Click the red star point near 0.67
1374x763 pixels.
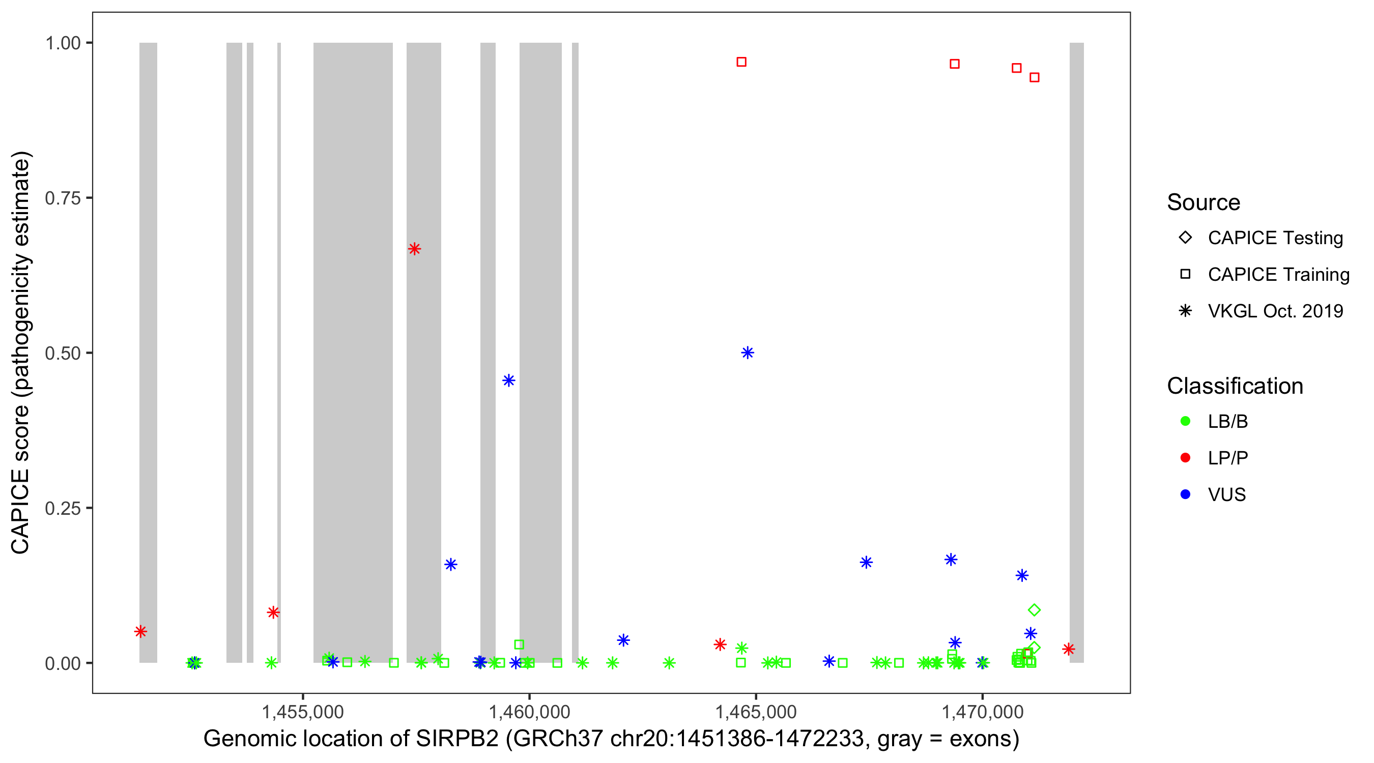414,249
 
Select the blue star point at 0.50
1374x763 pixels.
747,353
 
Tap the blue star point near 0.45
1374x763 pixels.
508,380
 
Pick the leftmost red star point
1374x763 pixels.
140,631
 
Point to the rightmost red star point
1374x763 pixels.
1068,649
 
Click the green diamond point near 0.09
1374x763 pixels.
1034,609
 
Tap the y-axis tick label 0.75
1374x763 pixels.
62,198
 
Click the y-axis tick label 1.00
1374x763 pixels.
62,43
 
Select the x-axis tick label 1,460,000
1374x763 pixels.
529,712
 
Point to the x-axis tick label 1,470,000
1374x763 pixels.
982,712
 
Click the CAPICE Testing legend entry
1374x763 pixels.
1275,238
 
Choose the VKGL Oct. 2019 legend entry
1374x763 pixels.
1275,311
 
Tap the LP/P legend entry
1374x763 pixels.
1227,458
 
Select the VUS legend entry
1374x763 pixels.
1226,495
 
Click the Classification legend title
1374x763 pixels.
1234,386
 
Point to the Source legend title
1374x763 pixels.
1203,202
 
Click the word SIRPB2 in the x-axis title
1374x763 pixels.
456,739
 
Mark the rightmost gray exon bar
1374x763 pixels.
1076,353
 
